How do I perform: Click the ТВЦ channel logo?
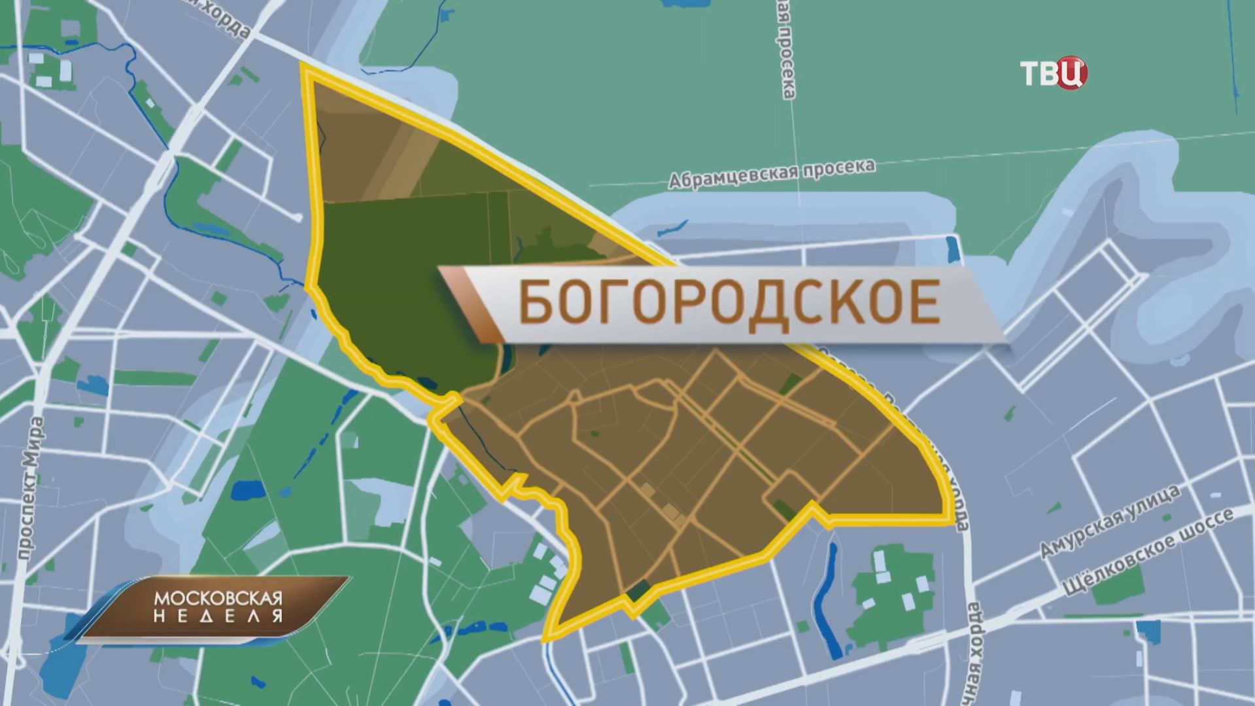(x=1053, y=73)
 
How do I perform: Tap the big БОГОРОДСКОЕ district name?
(x=729, y=303)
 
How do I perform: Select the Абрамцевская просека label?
(x=771, y=173)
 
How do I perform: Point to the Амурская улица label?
(x=1110, y=521)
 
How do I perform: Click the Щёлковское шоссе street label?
(x=1147, y=554)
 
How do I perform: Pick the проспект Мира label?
(x=30, y=487)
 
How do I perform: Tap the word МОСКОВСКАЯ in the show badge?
(x=218, y=598)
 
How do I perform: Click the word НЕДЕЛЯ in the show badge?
(x=218, y=616)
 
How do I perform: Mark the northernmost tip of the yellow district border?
(x=303, y=65)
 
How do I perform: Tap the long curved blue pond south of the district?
(x=825, y=602)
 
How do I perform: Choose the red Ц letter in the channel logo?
(x=1073, y=73)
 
